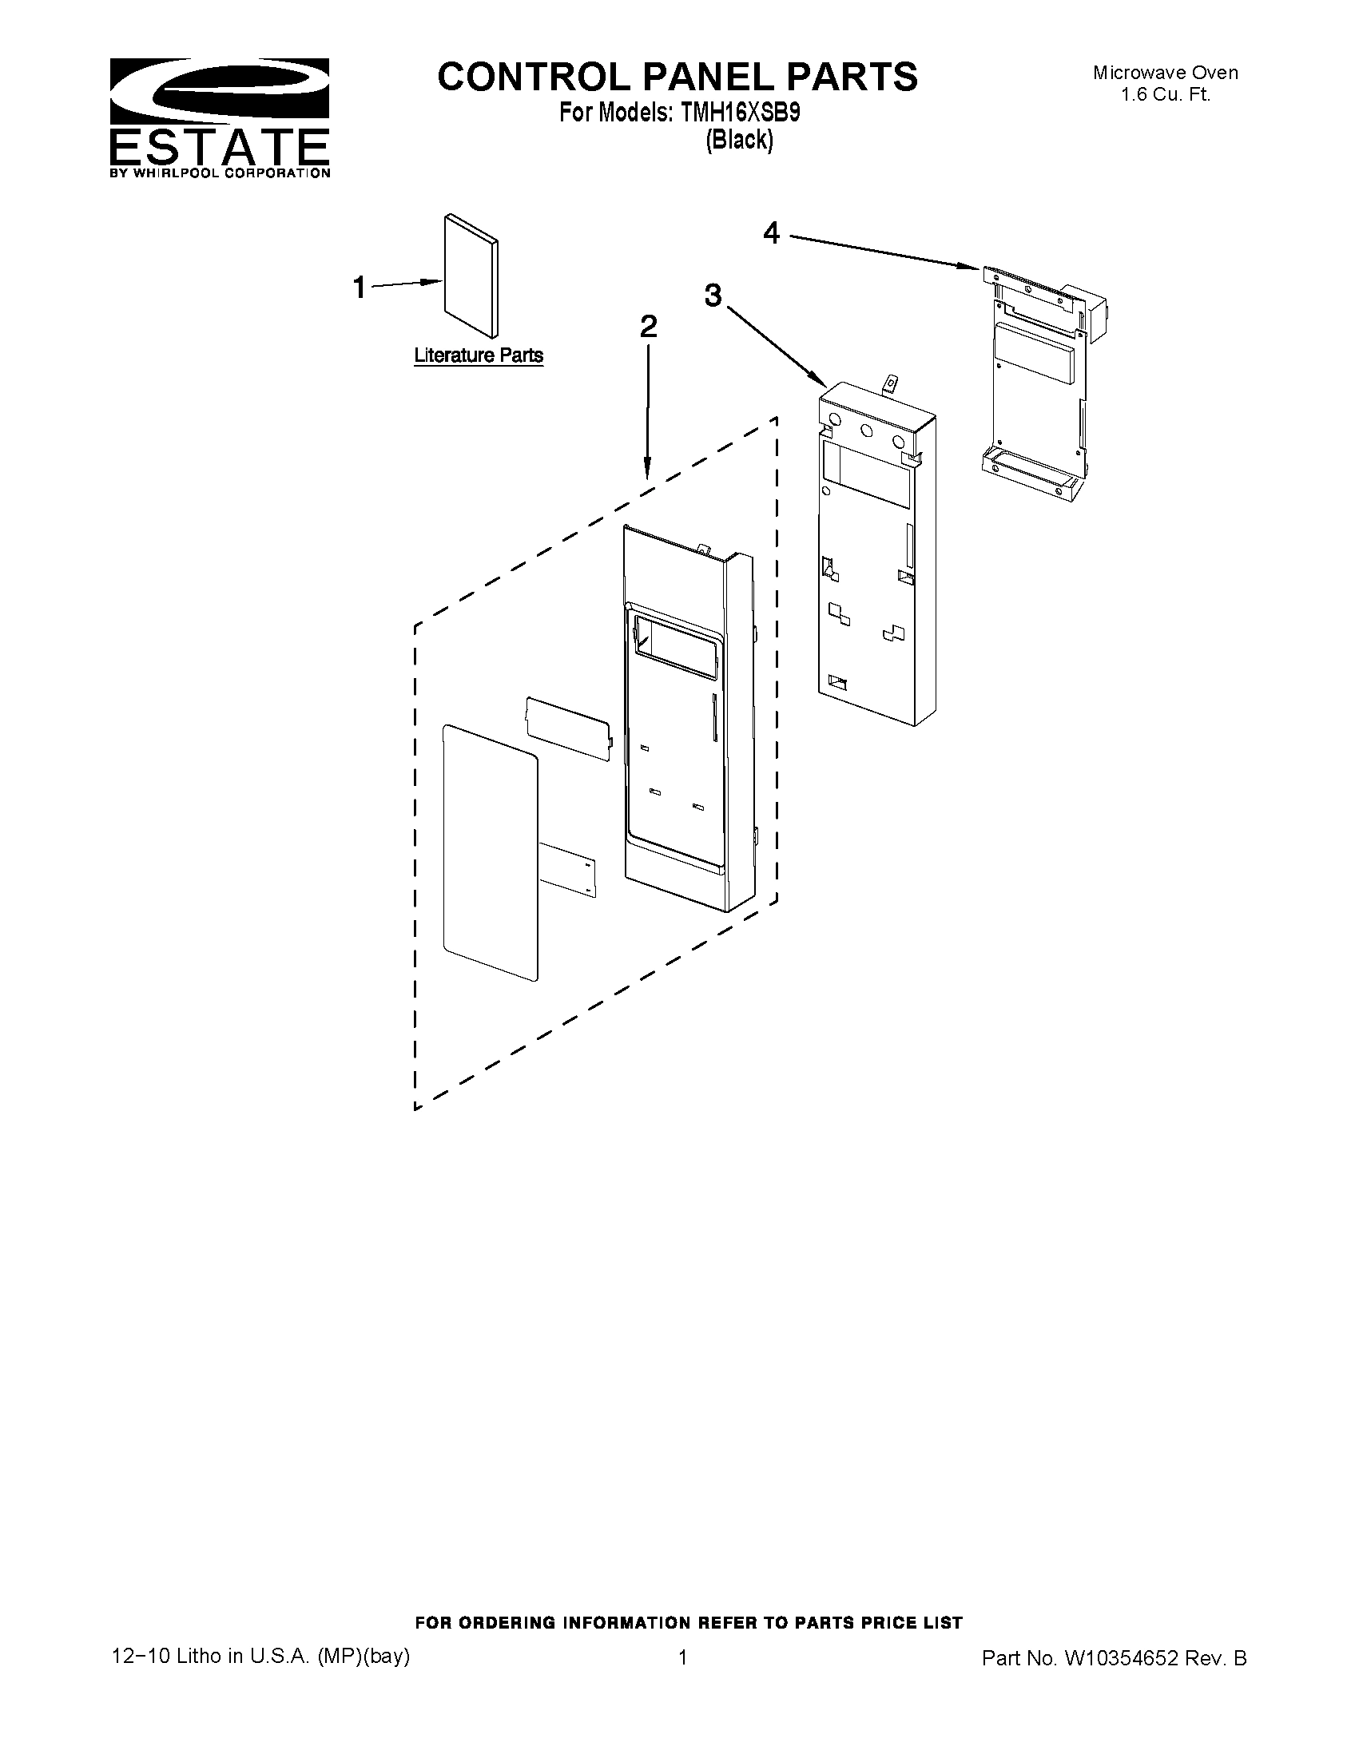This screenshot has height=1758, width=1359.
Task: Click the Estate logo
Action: [x=219, y=117]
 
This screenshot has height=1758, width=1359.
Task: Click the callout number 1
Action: [x=360, y=288]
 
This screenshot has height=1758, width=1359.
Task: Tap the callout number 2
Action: [x=647, y=326]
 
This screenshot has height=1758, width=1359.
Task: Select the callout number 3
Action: [x=713, y=296]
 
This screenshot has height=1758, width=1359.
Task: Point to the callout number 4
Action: [x=771, y=233]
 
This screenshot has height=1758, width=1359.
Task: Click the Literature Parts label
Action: [x=479, y=355]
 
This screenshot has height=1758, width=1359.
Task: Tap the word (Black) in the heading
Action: [x=739, y=140]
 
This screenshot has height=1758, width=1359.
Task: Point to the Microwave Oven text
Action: [x=1165, y=73]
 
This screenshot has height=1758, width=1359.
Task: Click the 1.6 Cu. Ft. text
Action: [x=1165, y=94]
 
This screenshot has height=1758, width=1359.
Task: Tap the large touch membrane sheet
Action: [x=490, y=851]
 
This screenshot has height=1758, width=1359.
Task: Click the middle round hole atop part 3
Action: [x=867, y=431]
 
